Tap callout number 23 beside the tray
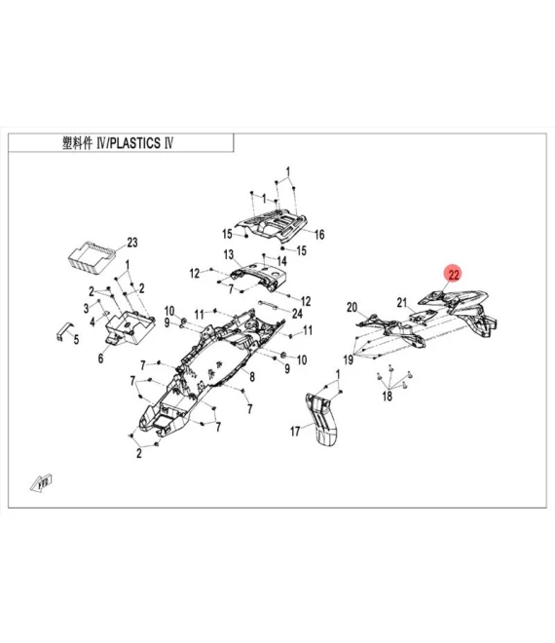pyautogui.click(x=132, y=243)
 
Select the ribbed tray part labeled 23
pyautogui.click(x=92, y=258)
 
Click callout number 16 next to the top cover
pyautogui.click(x=318, y=234)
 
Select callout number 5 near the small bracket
pyautogui.click(x=76, y=337)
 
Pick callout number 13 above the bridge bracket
pyautogui.click(x=230, y=254)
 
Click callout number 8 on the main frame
pyautogui.click(x=251, y=377)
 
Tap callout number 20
pyautogui.click(x=352, y=307)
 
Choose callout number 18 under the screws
pyautogui.click(x=387, y=397)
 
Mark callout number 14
pyautogui.click(x=281, y=261)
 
